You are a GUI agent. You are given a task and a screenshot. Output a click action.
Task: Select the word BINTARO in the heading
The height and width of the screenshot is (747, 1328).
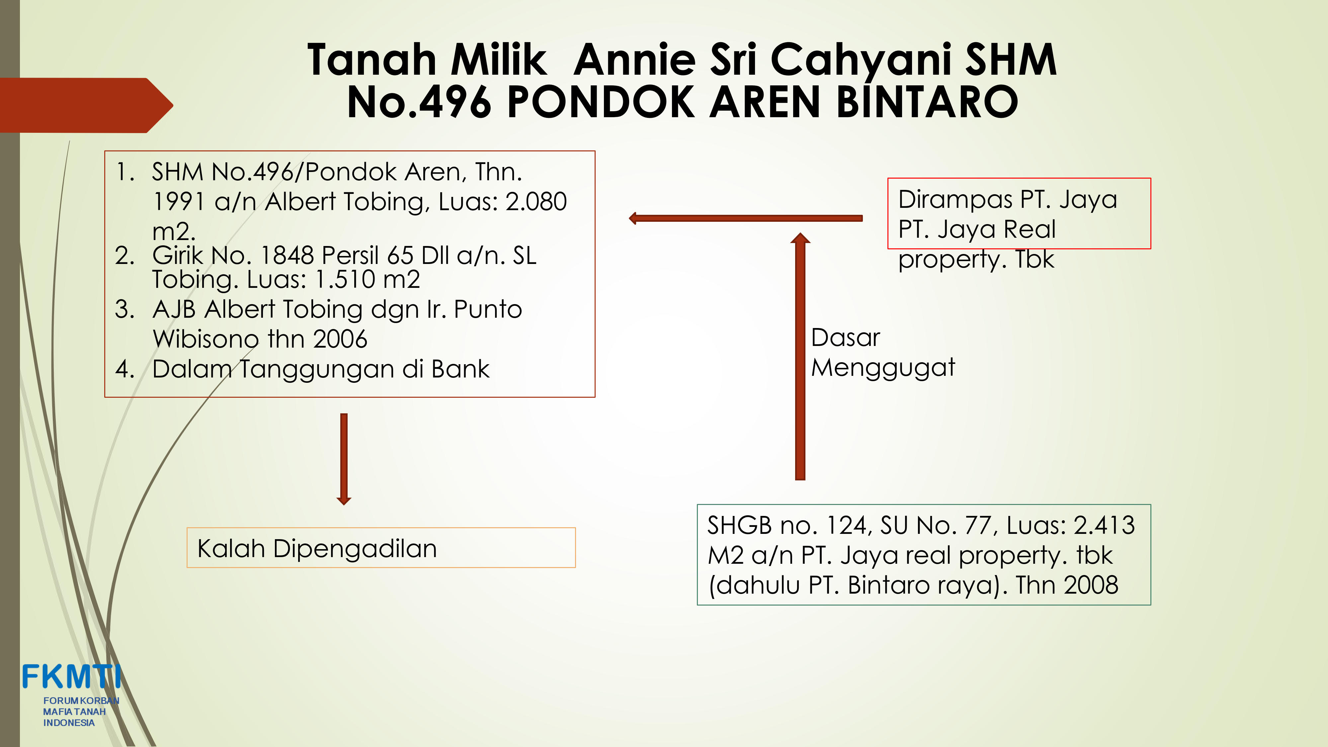point(927,102)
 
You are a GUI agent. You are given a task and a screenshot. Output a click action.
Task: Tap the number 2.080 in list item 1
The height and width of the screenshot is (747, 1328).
point(536,201)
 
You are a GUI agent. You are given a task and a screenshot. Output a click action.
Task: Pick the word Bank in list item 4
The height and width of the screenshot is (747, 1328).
point(460,369)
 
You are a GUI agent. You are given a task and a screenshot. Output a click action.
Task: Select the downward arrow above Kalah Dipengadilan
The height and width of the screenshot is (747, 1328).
point(344,459)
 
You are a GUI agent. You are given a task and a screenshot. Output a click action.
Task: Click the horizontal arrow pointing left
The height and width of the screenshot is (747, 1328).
point(745,218)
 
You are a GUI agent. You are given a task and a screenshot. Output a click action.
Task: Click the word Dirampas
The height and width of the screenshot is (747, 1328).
point(955,200)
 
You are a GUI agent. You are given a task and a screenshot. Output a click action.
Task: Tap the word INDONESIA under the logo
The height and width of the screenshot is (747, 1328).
point(69,723)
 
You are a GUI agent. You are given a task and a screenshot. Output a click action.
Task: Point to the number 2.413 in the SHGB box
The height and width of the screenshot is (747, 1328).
point(1104,525)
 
